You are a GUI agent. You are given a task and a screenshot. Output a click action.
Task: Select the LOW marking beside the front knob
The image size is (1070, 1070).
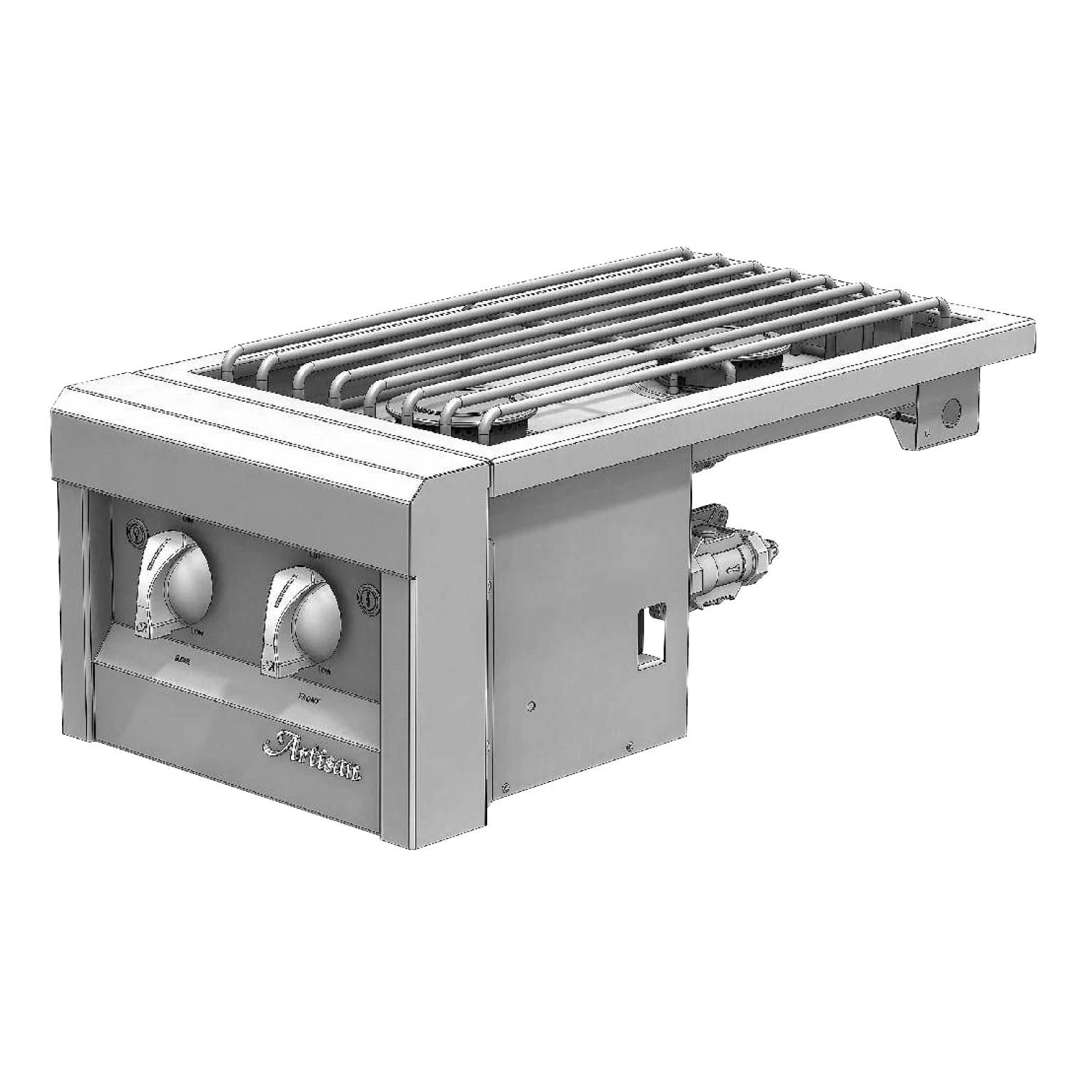click(x=324, y=671)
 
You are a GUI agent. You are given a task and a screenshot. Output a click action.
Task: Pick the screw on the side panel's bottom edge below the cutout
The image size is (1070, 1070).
click(x=629, y=748)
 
